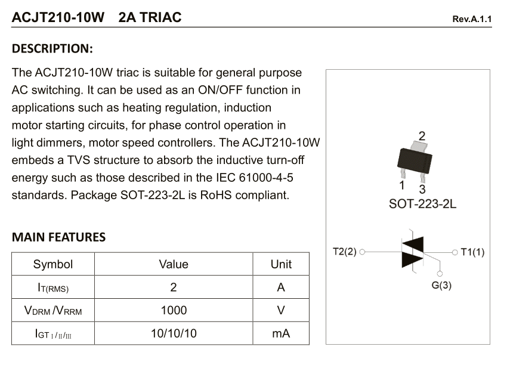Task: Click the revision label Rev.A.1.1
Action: click(x=472, y=19)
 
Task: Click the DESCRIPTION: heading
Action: click(x=52, y=48)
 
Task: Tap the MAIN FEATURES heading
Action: click(x=58, y=237)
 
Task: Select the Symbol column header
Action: click(x=53, y=264)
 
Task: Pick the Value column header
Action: click(x=174, y=264)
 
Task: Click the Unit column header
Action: click(x=281, y=264)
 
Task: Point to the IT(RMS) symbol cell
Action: click(x=53, y=287)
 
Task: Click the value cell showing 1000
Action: click(x=174, y=310)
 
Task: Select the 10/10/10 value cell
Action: click(x=174, y=333)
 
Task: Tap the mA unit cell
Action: click(x=281, y=333)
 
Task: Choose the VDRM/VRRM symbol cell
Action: click(x=53, y=311)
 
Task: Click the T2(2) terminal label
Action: click(x=344, y=252)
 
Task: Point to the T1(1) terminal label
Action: click(x=472, y=252)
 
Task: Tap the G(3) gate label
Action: click(x=441, y=285)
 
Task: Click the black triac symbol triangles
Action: click(x=413, y=251)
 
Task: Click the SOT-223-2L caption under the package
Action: click(x=422, y=204)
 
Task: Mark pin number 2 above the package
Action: click(x=422, y=135)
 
